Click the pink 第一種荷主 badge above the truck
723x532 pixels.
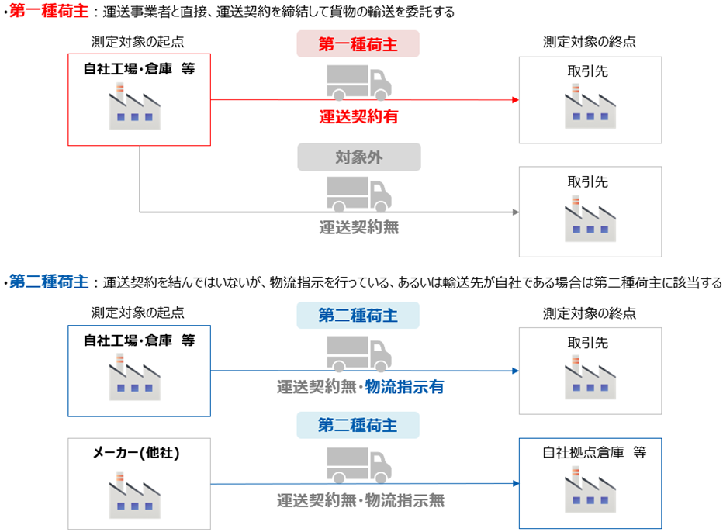coord(358,44)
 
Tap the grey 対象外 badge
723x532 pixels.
coord(358,157)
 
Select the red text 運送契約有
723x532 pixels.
coord(358,117)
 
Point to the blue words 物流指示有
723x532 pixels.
coord(405,387)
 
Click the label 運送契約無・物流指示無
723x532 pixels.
coord(361,500)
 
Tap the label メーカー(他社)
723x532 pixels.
coord(139,454)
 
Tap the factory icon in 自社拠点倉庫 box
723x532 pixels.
coord(590,489)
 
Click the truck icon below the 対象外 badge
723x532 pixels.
coord(358,193)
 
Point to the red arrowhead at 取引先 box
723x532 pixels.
coord(514,100)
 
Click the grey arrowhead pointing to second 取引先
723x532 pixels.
coord(514,212)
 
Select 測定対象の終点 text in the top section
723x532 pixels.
coord(590,41)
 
